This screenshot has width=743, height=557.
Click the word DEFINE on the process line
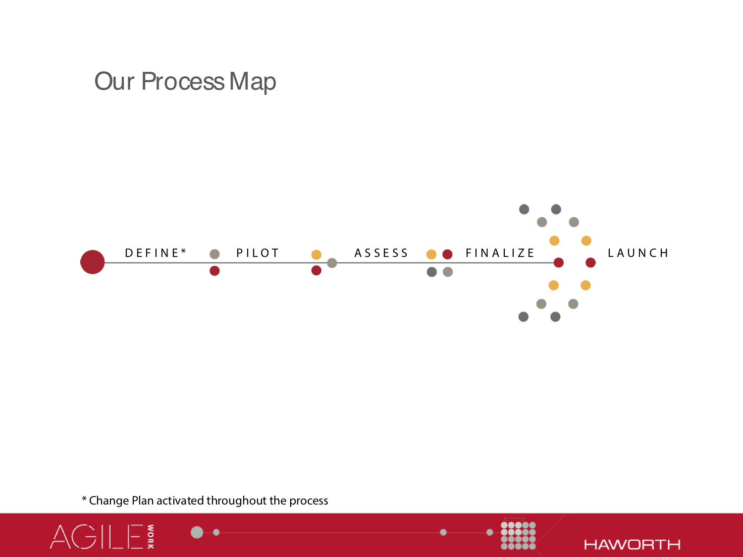point(152,253)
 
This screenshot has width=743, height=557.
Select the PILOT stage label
point(258,253)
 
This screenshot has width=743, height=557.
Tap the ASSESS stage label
point(381,253)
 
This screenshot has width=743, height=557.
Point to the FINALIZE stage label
point(500,253)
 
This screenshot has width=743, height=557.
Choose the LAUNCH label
point(638,253)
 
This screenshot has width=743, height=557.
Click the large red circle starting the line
point(93,262)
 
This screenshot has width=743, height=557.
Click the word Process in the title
point(182,82)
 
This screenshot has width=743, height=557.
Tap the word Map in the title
point(253,82)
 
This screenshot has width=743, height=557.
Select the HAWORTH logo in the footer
point(632,545)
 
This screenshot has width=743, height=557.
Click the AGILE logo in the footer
point(97,537)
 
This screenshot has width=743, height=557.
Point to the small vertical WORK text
point(151,537)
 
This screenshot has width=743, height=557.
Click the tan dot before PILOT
point(214,254)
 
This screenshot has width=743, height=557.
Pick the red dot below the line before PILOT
point(214,270)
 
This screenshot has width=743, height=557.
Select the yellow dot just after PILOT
point(316,254)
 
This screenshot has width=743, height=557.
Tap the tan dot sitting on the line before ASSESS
point(332,263)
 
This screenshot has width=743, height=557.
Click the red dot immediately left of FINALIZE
point(447,254)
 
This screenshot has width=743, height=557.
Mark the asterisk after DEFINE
point(183,252)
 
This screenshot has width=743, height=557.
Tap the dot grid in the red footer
point(518,536)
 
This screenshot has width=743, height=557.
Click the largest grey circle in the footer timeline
point(197,532)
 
